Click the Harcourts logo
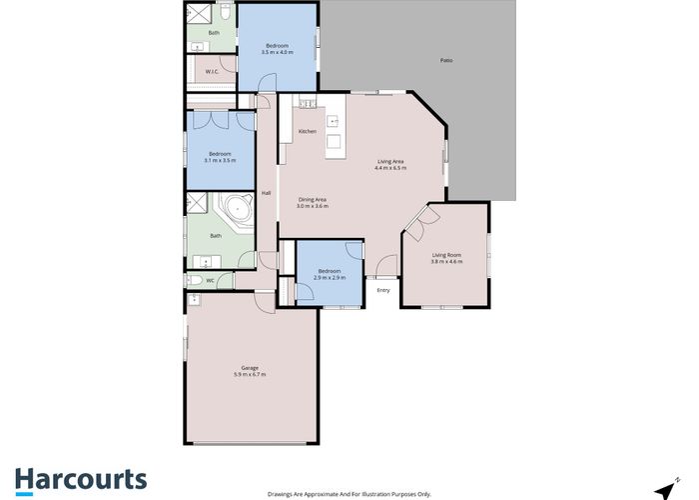[81, 479]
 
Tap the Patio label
[446, 62]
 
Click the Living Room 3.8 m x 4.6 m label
[445, 259]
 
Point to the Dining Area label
[313, 203]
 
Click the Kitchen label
[308, 131]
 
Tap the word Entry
[382, 290]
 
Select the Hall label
[267, 193]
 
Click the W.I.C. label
[212, 72]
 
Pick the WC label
[211, 281]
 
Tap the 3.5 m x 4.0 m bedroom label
[277, 49]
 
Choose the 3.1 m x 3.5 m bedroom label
[219, 157]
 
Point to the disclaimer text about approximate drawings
[349, 493]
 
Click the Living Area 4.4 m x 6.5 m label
[390, 164]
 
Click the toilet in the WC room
[192, 281]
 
